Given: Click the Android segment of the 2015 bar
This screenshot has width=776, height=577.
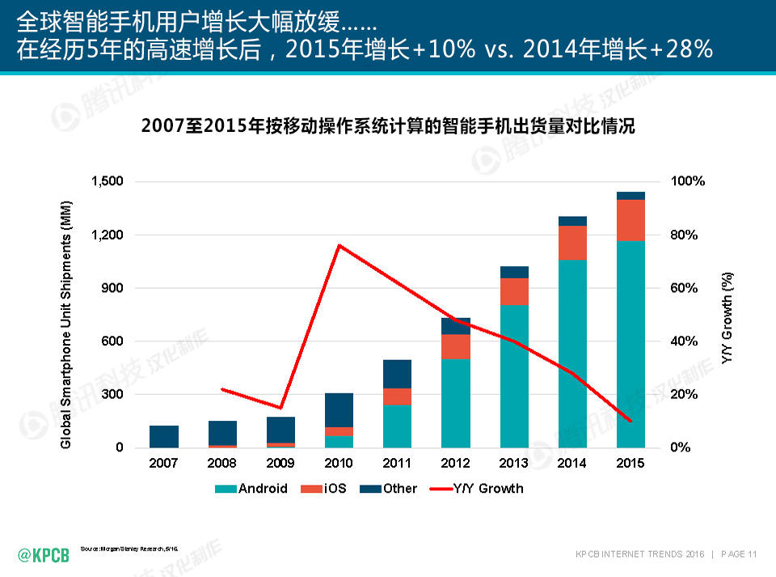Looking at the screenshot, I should coord(630,344).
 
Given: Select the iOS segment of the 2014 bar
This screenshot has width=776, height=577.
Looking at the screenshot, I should coord(572,243).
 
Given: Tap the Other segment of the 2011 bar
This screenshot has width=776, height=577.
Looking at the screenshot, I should coord(397,374).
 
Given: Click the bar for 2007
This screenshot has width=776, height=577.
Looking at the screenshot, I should coord(164,436).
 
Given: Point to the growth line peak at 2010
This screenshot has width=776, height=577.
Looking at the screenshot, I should coord(339,245).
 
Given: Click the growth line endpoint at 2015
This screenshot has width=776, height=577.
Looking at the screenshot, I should coord(630,421).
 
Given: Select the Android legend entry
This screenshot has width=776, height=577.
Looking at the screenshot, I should coord(251,489).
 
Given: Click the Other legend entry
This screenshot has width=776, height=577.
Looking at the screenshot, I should coord(390,489).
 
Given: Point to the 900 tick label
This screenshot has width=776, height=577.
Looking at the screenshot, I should coord(112,288).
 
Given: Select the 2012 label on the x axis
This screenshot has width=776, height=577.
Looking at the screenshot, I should coord(456,463).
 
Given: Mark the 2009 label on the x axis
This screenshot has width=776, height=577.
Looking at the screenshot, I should coord(280,463).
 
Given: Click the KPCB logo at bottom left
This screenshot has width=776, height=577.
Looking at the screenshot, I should coord(44,554).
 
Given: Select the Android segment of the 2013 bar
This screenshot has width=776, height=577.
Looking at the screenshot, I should coord(514,376).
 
